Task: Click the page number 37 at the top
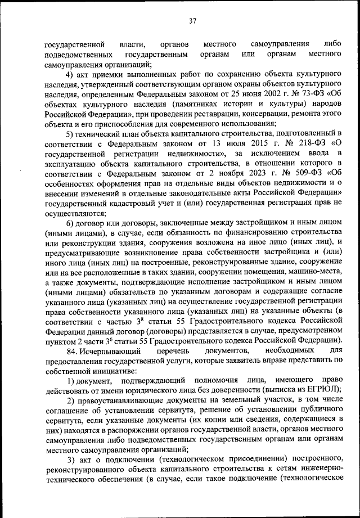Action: click(x=192, y=21)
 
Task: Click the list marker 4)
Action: click(x=70, y=75)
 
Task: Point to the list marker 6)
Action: click(x=70, y=219)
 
